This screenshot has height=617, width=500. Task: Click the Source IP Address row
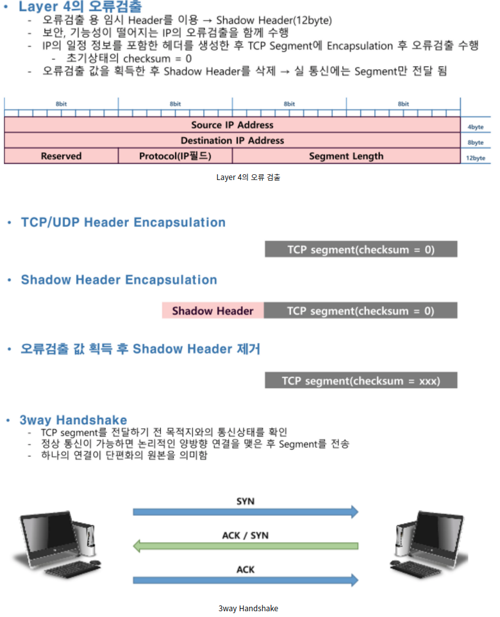coord(232,125)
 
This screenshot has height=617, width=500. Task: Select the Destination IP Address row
coord(232,140)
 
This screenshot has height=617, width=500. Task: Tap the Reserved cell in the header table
coord(62,156)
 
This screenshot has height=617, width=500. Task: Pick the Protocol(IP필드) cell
coord(175,156)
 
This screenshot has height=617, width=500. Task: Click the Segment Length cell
coord(346,156)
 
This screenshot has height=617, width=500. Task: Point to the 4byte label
coord(476,127)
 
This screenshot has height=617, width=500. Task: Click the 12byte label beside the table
coord(476,158)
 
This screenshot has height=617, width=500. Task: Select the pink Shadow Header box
coord(213,311)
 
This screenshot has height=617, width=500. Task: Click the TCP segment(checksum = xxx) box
coord(361,381)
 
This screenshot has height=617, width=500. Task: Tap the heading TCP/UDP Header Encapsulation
coord(123,222)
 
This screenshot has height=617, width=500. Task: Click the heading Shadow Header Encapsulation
coord(119,280)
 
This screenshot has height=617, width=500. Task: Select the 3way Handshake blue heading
coord(73,420)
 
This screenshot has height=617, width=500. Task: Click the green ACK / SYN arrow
coord(245,546)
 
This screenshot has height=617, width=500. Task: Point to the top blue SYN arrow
coord(245,511)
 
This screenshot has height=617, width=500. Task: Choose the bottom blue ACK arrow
coord(245,580)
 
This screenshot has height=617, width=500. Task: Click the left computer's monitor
coord(46,535)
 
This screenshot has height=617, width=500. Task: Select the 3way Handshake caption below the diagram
coord(248,608)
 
